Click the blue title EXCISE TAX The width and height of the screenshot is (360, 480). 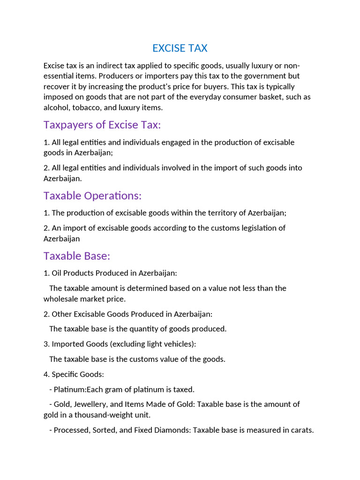pos(180,48)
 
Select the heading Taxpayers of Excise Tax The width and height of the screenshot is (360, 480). pos(102,125)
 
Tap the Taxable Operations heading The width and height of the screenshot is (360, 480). pos(92,195)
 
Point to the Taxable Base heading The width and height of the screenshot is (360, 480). pos(76,256)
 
